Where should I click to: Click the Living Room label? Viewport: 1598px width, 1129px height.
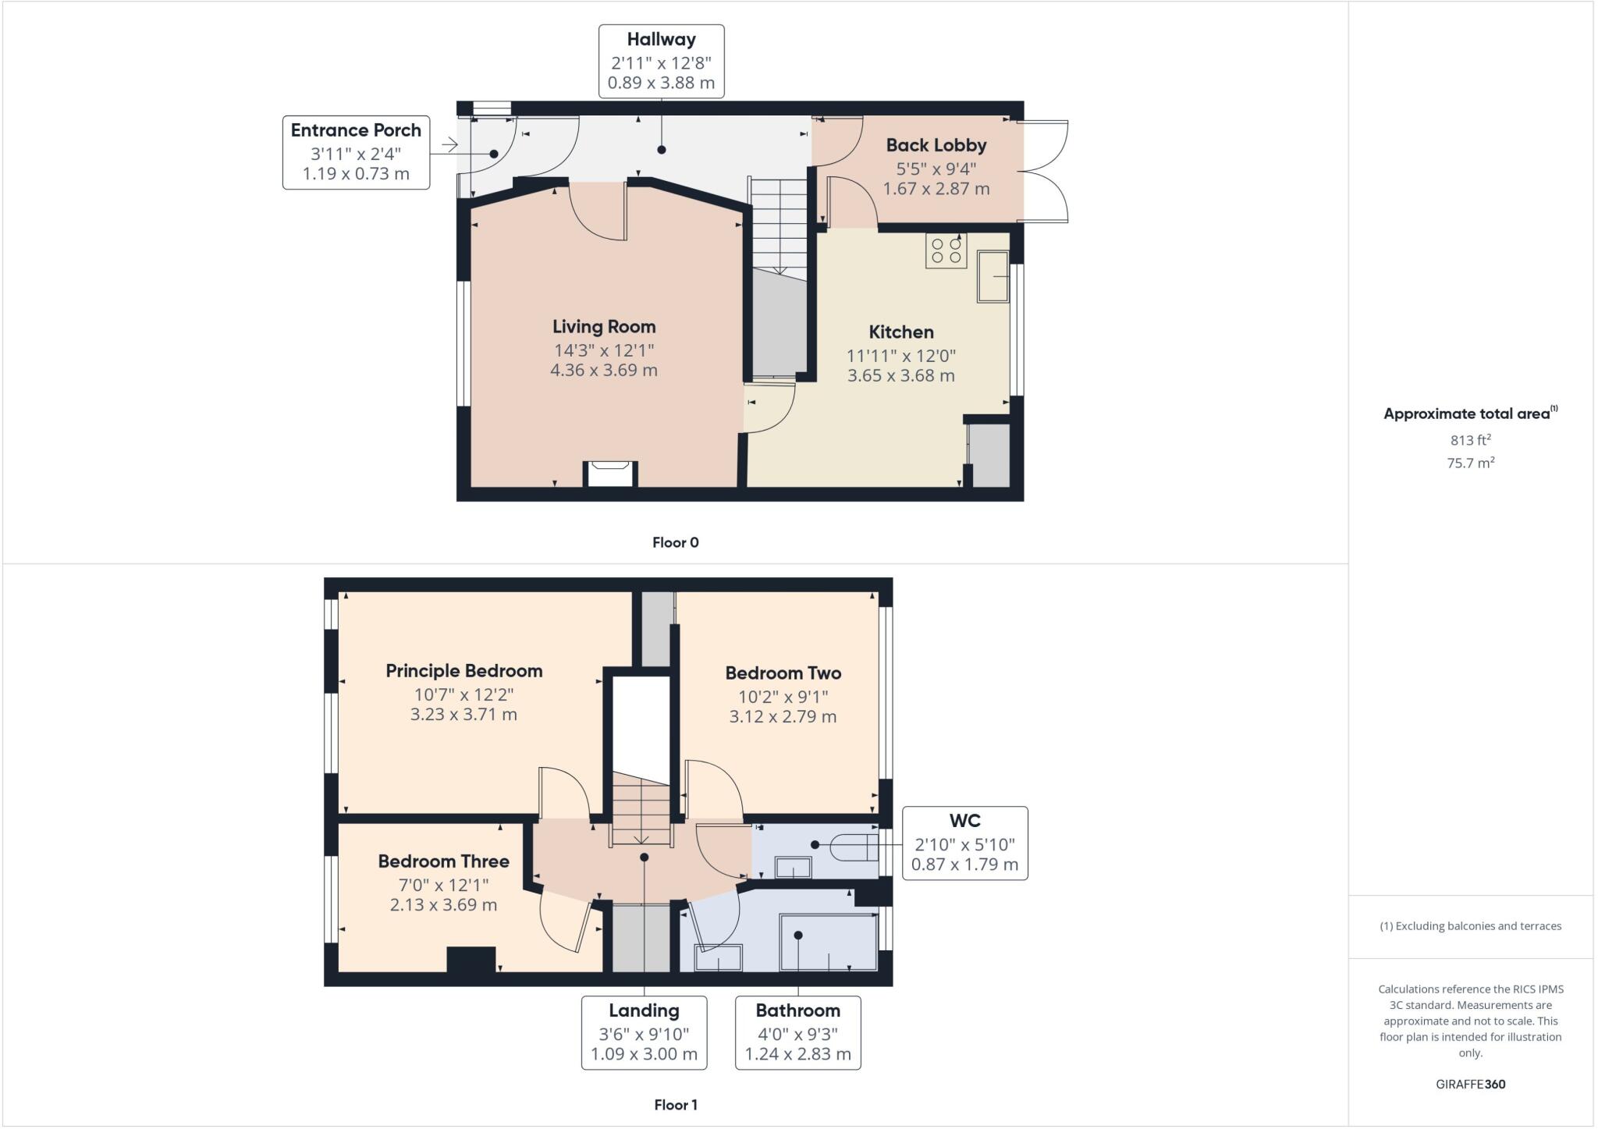click(604, 327)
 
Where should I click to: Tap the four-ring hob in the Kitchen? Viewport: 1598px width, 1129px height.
click(946, 250)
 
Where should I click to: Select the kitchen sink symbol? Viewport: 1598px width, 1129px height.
click(993, 276)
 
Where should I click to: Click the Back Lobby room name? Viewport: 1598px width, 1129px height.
click(936, 145)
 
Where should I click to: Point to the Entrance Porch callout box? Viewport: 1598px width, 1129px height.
click(356, 152)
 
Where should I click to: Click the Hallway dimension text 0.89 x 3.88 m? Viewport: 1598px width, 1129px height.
click(661, 83)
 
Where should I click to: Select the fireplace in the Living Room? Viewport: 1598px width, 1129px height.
click(611, 474)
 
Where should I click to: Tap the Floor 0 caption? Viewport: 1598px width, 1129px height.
click(675, 542)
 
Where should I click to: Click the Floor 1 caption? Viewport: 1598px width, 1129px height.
click(675, 1105)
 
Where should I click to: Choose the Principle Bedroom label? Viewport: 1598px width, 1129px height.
click(463, 671)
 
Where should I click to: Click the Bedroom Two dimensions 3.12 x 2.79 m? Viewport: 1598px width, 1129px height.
click(783, 716)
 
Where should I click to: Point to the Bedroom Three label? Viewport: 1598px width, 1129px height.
click(443, 861)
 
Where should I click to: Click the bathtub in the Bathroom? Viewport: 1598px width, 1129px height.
click(829, 943)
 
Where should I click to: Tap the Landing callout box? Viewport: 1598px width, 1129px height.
click(644, 1031)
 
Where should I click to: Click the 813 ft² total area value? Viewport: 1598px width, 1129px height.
click(1470, 440)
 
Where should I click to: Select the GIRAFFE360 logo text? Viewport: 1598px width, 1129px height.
click(1470, 1084)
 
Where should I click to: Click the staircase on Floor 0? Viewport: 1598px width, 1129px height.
click(778, 226)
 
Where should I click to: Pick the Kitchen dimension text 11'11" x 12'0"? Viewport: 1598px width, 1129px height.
click(900, 356)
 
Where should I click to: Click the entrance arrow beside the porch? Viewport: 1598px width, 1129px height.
click(449, 144)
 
